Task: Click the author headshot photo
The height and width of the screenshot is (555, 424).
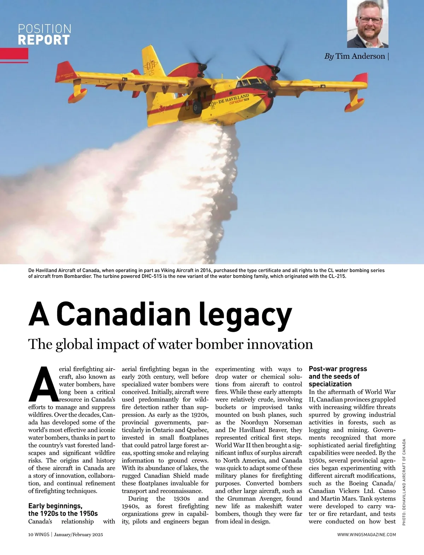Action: [x=367, y=24]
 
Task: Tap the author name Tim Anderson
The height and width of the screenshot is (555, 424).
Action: [x=360, y=56]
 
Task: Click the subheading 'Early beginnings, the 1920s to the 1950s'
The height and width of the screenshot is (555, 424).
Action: [x=63, y=510]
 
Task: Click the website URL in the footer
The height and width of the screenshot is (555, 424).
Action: [x=366, y=534]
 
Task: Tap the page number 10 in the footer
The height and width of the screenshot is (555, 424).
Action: [x=31, y=534]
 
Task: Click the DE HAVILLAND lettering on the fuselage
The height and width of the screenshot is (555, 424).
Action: [x=233, y=99]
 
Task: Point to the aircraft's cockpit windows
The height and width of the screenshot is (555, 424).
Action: [x=249, y=83]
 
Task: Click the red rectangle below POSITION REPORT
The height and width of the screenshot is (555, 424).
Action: [x=14, y=54]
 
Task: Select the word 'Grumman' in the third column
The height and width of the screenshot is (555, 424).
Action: [x=243, y=498]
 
